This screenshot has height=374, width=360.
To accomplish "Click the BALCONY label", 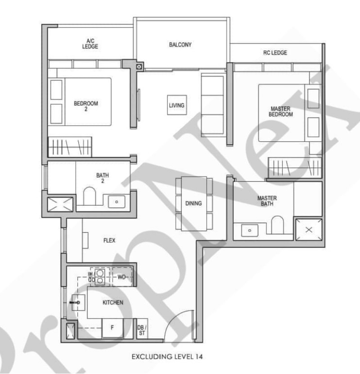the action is tap(180, 45).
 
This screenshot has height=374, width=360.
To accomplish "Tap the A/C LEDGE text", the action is tap(90, 44).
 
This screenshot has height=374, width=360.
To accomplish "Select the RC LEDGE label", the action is tap(275, 52).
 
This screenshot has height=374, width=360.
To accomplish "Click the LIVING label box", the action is tap(177, 105).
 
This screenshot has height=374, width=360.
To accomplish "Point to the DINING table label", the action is tap(193, 203).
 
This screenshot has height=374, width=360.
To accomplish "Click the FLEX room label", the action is tap(109, 240).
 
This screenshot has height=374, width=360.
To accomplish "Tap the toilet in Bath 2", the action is tap(90, 196).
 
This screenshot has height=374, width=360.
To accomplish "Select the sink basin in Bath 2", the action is tap(117, 201).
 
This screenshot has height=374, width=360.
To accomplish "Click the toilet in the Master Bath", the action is tap(277, 225).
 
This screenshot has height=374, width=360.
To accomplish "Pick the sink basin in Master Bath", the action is tap(250, 230).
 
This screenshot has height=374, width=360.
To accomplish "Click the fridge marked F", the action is tap(112, 328).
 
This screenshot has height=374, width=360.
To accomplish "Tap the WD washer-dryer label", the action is tap(121, 277).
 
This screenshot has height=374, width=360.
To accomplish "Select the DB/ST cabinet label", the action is tap(142, 330).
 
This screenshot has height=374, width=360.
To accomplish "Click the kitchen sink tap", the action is tap(75, 302).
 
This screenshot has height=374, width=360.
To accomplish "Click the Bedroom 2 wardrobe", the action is tap(70, 147).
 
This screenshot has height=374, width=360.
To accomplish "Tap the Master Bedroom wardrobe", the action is tap(295, 168).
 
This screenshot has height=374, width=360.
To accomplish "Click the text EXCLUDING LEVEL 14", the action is tap(167, 356).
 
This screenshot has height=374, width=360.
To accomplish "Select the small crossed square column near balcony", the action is tap(139, 67).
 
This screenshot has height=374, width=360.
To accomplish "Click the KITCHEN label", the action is tap(113, 302).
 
